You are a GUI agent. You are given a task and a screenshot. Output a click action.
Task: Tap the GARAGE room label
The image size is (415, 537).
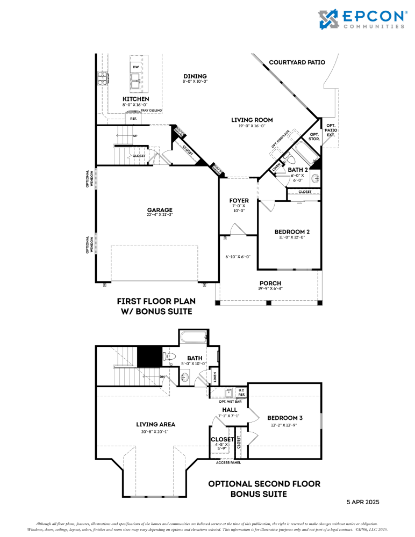[x=160, y=209]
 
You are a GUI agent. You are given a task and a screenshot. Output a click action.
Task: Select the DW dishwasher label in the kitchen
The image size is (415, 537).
[x=137, y=67]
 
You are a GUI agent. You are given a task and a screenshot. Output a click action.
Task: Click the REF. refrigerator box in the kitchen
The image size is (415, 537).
[x=133, y=118]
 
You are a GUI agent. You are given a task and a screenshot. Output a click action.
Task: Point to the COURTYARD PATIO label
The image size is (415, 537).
[x=297, y=62]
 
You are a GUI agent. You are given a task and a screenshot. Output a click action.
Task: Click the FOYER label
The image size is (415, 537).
[x=239, y=200]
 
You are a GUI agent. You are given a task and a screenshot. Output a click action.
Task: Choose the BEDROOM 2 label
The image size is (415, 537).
[x=292, y=231]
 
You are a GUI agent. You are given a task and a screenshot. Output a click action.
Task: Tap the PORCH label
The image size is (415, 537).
[x=270, y=284]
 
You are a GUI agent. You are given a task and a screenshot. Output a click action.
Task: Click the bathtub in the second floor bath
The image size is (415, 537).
[x=193, y=338]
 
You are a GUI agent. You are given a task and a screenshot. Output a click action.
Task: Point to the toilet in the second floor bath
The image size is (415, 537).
[x=170, y=355]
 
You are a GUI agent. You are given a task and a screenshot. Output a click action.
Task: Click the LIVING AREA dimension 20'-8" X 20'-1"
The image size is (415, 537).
[x=155, y=431]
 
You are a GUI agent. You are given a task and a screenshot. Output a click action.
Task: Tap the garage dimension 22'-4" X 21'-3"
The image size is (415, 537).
[x=160, y=215]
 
